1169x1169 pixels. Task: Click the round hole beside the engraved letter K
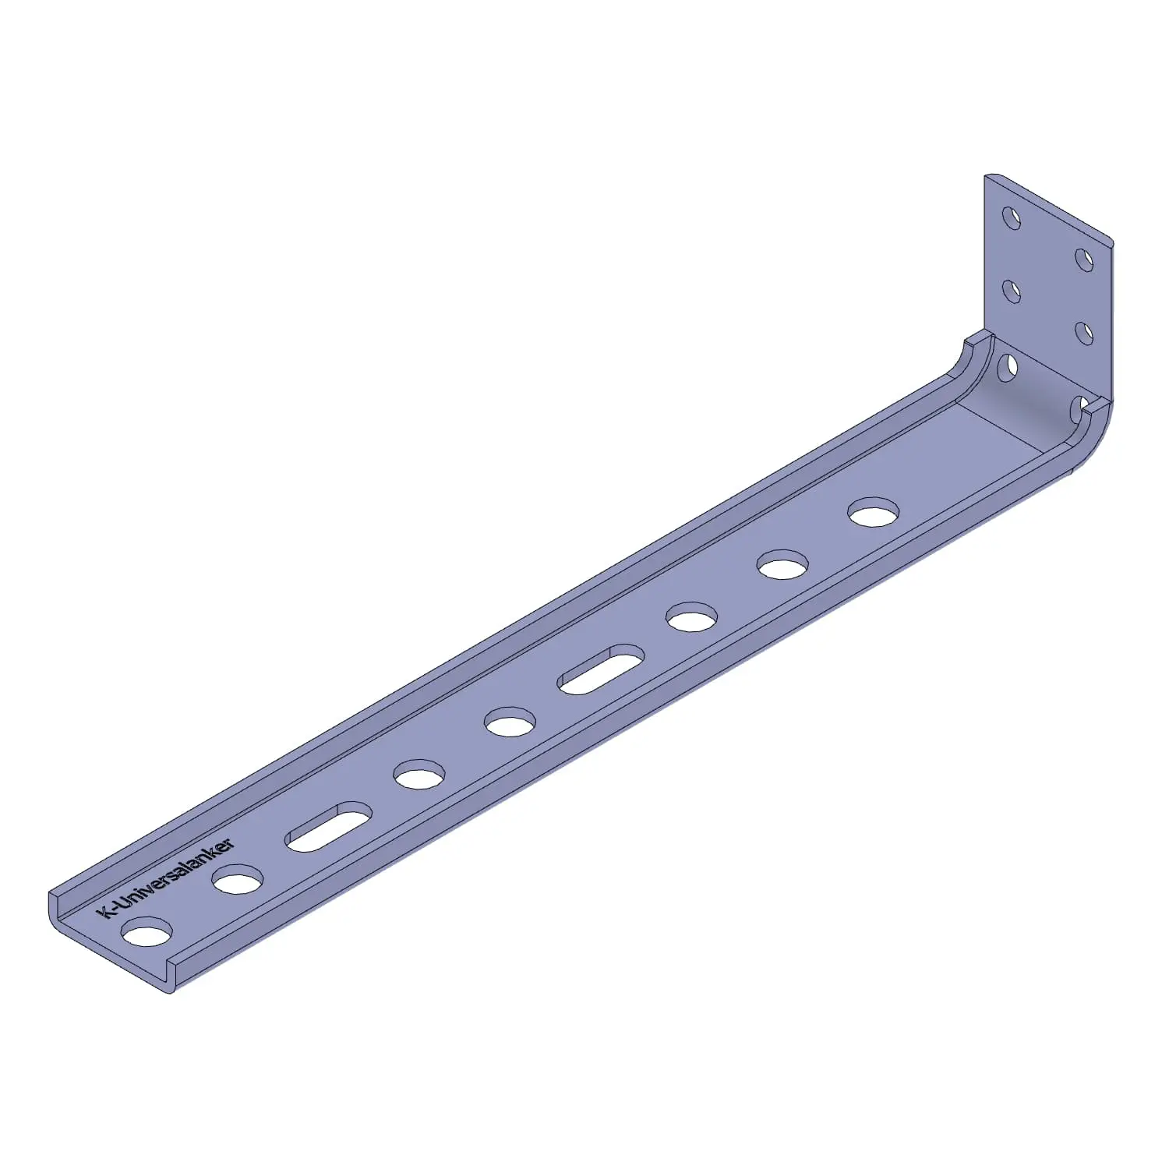(148, 932)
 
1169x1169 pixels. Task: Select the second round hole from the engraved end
(238, 880)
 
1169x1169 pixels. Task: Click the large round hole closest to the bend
(874, 512)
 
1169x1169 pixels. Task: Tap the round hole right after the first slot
(419, 775)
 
